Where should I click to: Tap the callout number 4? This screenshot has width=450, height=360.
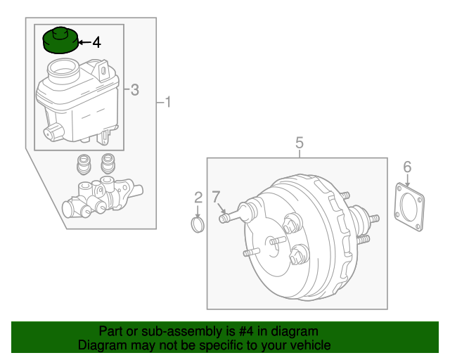tap(96, 43)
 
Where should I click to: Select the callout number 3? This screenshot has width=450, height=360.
tap(135, 89)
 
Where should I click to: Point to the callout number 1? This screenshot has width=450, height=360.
tap(167, 103)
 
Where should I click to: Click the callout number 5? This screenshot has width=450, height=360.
tap(299, 143)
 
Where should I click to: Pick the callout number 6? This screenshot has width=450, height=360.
tap(407, 167)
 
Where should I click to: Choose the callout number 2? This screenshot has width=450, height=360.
tap(198, 198)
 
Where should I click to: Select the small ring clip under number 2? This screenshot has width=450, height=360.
tap(198, 224)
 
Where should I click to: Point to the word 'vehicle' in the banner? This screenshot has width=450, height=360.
tap(309, 345)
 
